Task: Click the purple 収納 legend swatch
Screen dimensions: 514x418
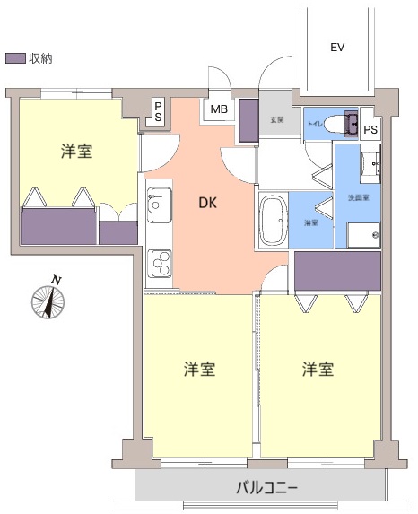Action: pos(15,57)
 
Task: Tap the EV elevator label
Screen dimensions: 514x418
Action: pos(337,47)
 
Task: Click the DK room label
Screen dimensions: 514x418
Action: pos(208,203)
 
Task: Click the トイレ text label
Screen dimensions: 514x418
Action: pos(315,124)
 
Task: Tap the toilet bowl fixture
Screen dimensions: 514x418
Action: pos(339,123)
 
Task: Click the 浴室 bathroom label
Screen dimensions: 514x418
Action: pos(310,222)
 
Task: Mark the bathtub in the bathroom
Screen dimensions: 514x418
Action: pos(273,220)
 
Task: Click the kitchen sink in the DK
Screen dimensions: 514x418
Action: pos(159,204)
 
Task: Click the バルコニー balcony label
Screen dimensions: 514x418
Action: pos(267,489)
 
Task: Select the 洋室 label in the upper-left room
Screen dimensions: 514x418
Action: pos(76,151)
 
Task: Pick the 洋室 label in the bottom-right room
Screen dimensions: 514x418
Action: pos(318,369)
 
